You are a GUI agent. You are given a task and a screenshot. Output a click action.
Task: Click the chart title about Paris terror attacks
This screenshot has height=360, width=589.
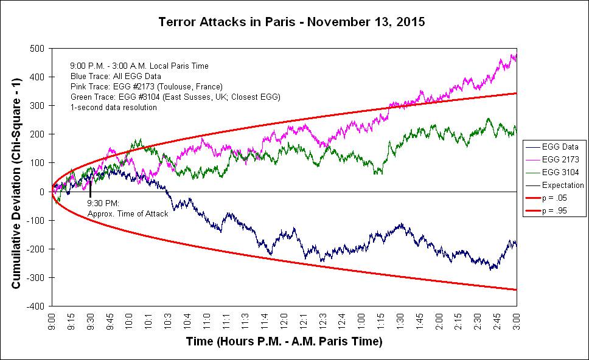click(291, 22)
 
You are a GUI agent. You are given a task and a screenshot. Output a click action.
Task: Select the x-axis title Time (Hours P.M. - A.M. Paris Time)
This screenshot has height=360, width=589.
click(284, 342)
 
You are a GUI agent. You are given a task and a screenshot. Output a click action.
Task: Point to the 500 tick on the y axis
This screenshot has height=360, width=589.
click(41, 48)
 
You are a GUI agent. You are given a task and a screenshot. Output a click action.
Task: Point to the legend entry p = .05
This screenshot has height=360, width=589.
click(562, 198)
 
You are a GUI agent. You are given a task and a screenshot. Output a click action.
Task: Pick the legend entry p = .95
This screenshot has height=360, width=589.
click(562, 210)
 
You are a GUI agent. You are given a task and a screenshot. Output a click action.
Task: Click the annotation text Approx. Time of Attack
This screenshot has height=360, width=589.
click(128, 213)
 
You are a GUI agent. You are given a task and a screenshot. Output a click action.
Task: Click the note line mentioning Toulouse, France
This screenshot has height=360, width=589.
click(147, 86)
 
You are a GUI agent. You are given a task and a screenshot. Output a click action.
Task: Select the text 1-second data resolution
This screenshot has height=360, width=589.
click(114, 107)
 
